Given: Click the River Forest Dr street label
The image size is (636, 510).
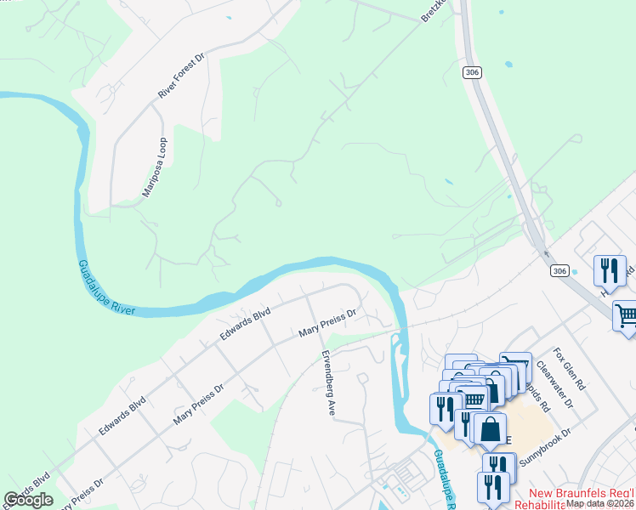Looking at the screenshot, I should [182, 77].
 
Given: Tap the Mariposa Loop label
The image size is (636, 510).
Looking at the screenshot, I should [155, 167].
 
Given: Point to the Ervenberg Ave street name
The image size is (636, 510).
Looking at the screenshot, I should [326, 383].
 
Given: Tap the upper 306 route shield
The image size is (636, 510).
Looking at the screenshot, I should [473, 73].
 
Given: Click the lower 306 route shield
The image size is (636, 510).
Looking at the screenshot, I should [558, 270].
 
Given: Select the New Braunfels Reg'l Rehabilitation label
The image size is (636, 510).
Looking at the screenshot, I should [582, 499].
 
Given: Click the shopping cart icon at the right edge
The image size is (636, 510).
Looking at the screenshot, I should [626, 316].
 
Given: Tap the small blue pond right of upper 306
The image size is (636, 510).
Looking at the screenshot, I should [508, 65].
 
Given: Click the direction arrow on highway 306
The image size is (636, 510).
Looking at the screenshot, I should [545, 252].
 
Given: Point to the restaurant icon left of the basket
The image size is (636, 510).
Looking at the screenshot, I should [445, 408].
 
